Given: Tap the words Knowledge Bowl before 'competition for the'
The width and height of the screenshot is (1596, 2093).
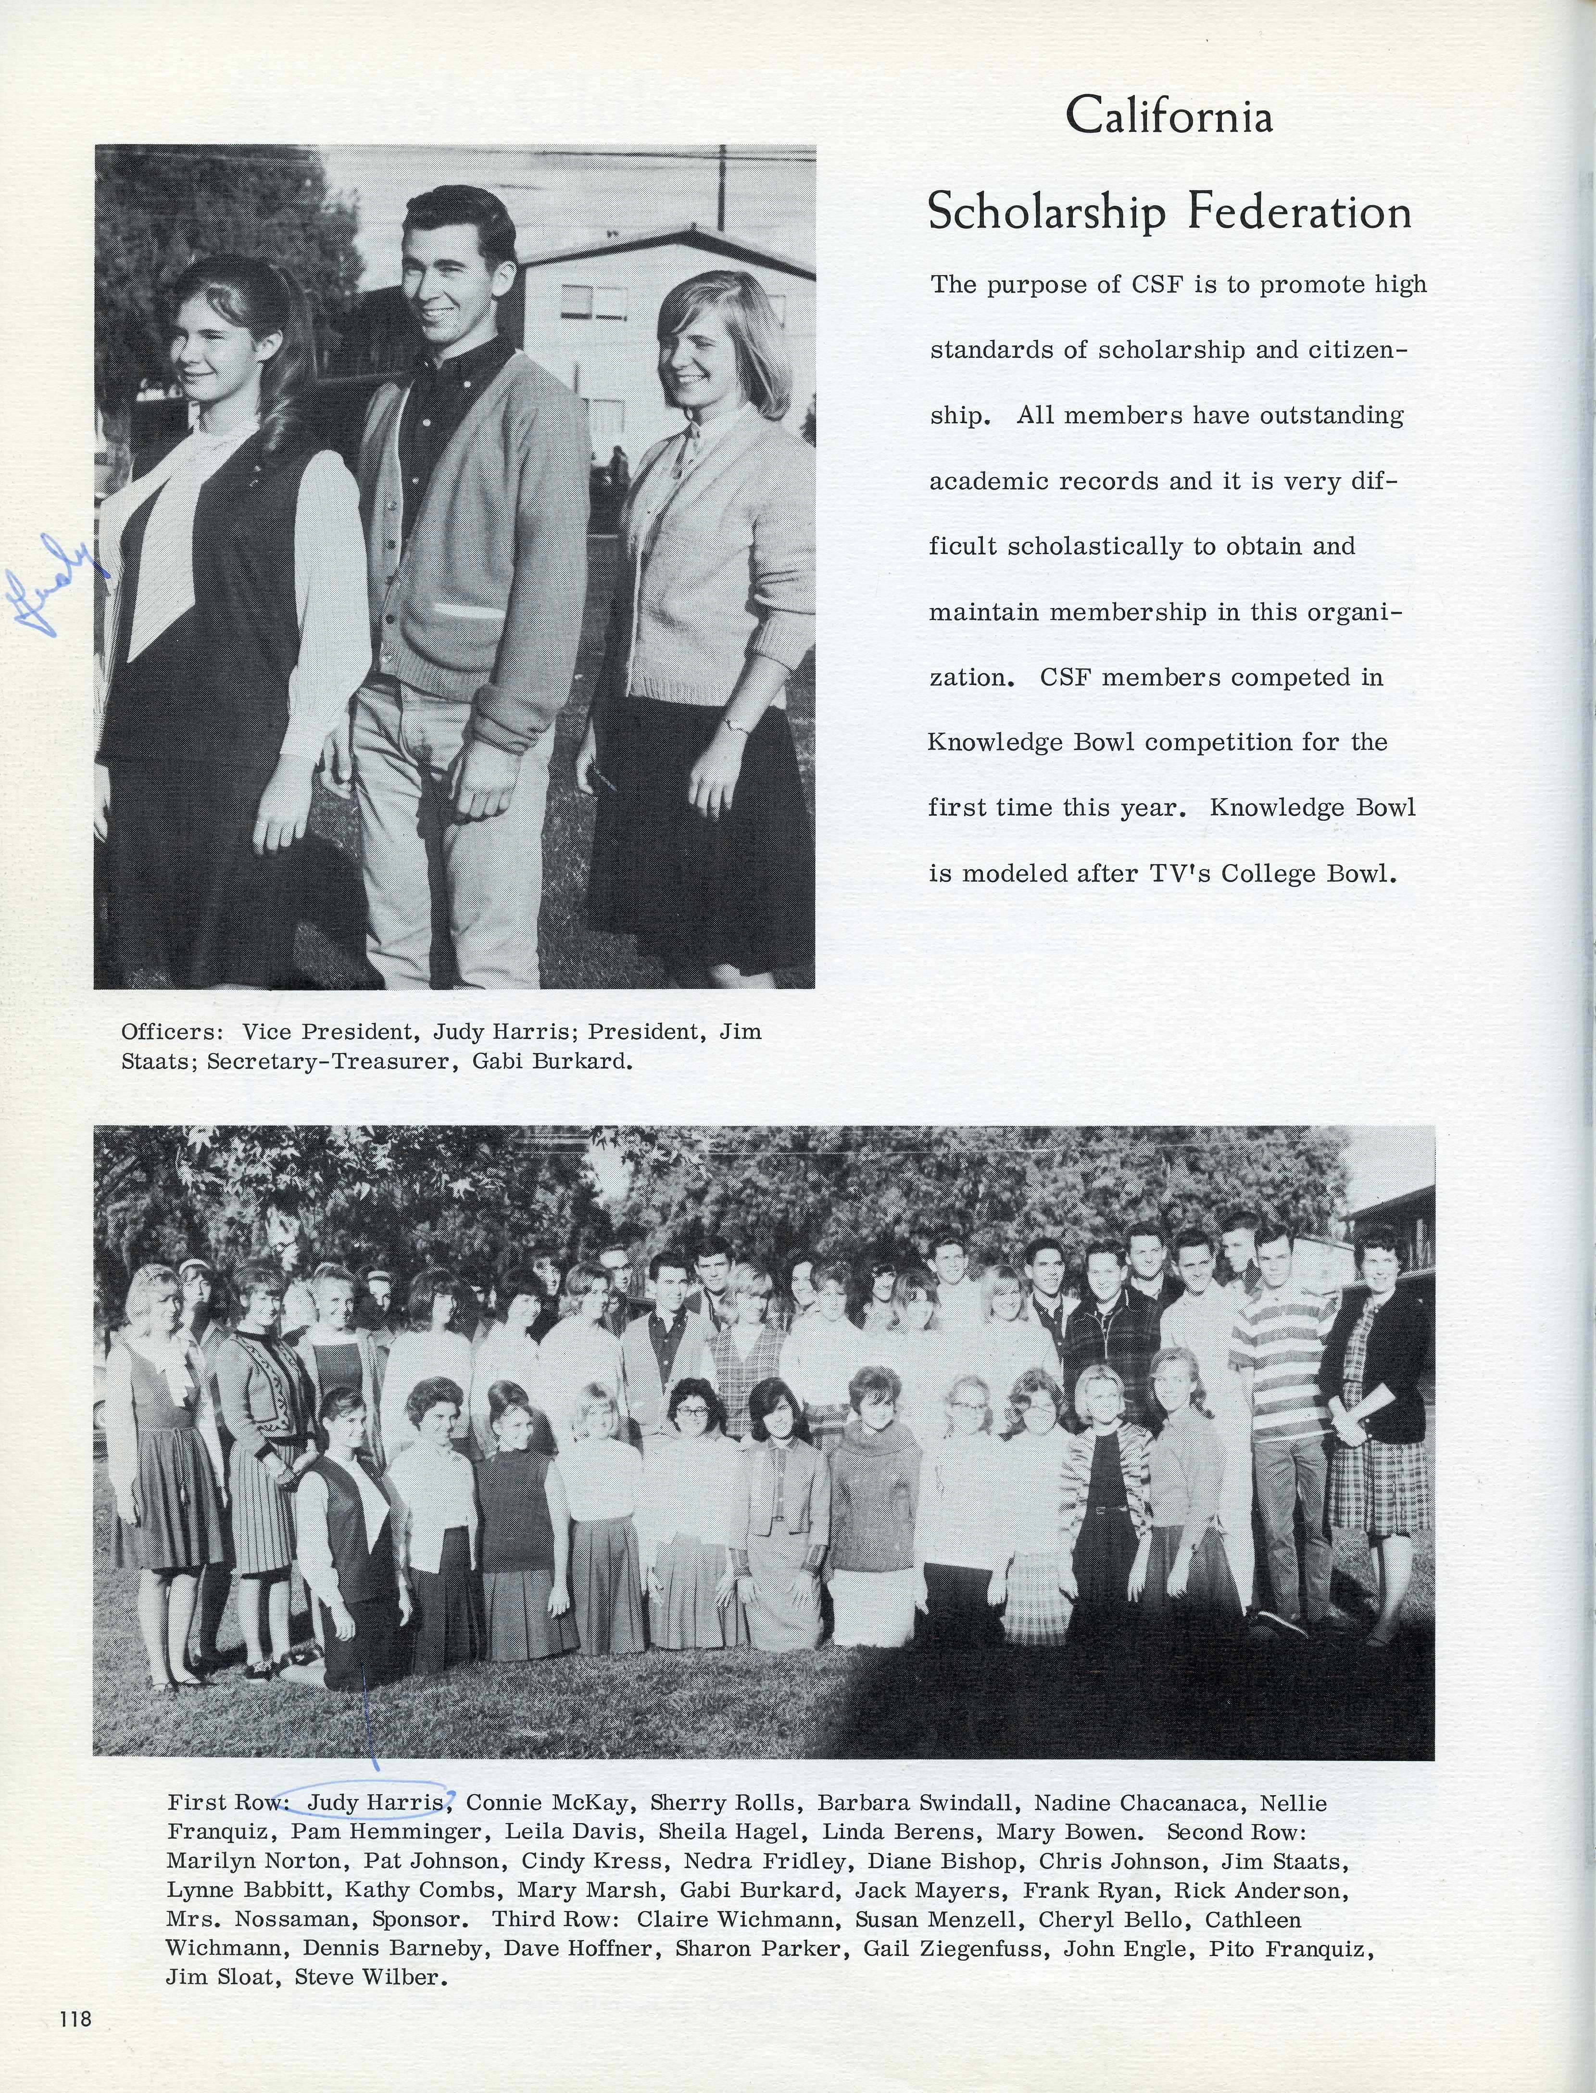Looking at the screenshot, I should pos(1031,742).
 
